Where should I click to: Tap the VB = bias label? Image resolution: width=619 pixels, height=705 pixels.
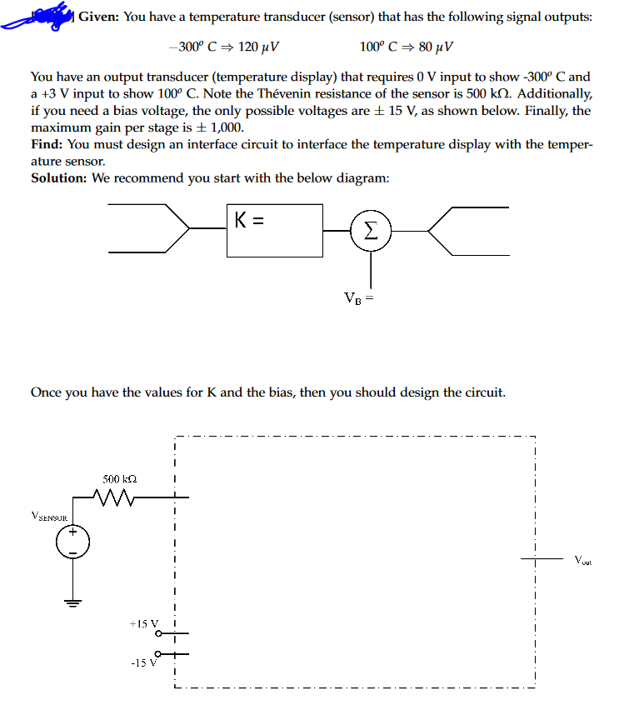pos(359,298)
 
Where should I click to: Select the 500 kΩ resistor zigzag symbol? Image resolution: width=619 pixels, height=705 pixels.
pos(114,497)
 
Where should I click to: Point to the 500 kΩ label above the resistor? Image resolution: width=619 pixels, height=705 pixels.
pos(120,479)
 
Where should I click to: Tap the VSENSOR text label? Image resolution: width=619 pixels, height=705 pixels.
pos(49,516)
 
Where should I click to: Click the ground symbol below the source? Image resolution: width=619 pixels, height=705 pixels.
pos(72,603)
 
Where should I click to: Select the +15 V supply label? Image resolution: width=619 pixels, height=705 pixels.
pos(144,623)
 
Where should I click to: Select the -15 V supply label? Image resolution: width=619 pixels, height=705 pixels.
pos(144,662)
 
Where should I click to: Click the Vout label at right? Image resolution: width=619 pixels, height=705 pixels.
pos(583,560)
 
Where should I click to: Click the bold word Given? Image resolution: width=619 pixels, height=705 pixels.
pos(99,17)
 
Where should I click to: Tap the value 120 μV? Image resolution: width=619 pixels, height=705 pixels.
pos(258,47)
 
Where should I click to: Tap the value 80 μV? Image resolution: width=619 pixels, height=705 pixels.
pos(436,47)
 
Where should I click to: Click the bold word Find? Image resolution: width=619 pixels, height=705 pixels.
pos(47,144)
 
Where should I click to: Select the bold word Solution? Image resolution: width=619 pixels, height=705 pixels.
pos(59,178)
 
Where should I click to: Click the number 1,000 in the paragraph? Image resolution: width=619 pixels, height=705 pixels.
pos(226,127)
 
